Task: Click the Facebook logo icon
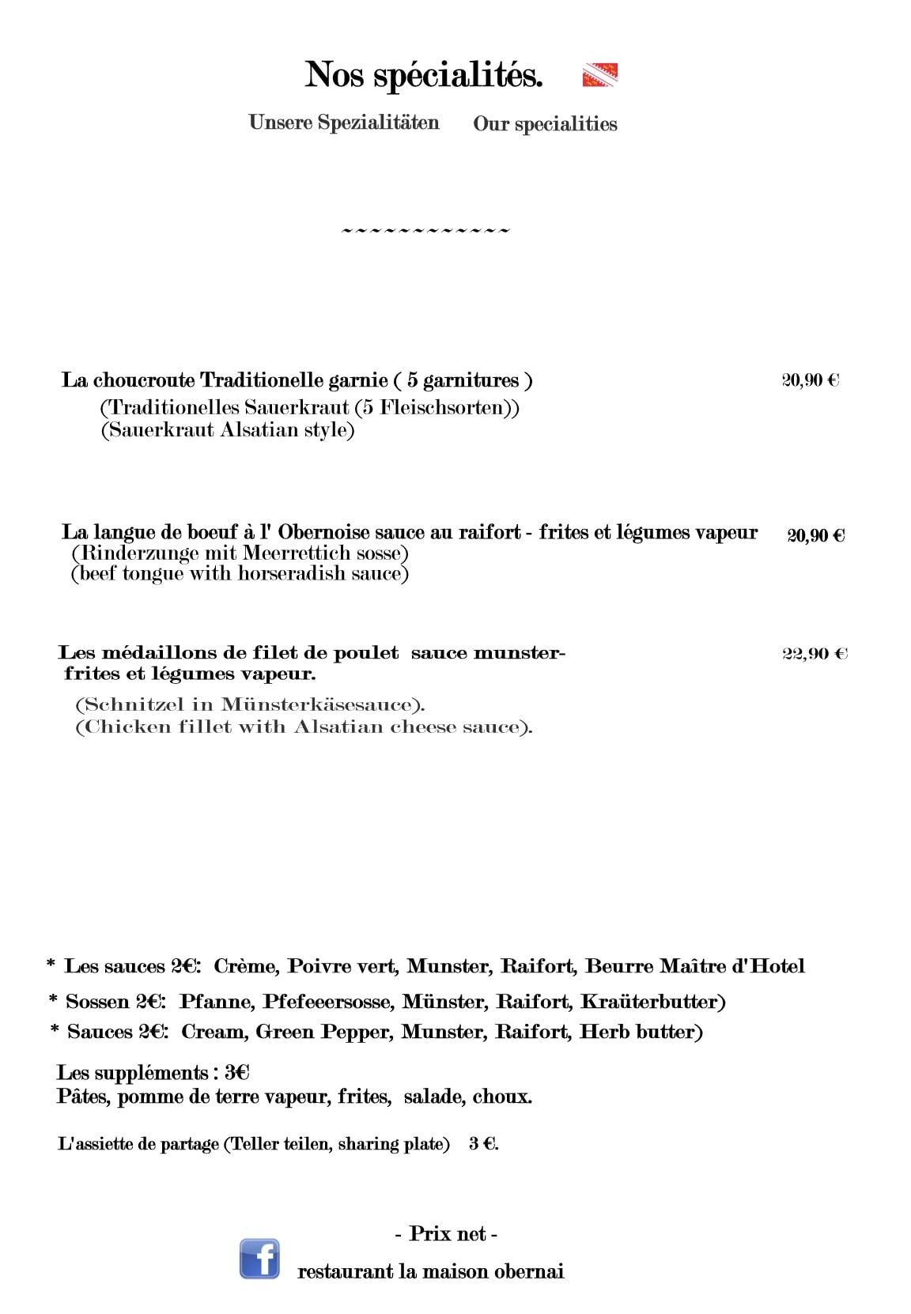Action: click(259, 1259)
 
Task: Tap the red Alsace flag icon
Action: click(599, 75)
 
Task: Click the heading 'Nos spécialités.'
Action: click(424, 75)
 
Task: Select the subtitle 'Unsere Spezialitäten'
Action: click(343, 123)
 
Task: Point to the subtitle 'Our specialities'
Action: click(545, 124)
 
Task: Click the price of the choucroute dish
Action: click(811, 380)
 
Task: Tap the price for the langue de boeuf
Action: click(816, 535)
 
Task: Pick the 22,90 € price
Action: click(815, 654)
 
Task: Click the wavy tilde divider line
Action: click(425, 231)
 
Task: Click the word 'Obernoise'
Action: click(323, 532)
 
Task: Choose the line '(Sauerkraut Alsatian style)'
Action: click(228, 431)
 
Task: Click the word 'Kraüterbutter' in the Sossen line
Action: click(652, 1002)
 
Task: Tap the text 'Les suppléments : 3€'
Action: click(153, 1073)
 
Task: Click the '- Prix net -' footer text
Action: click(446, 1233)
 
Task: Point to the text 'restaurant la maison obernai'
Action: click(430, 1272)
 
